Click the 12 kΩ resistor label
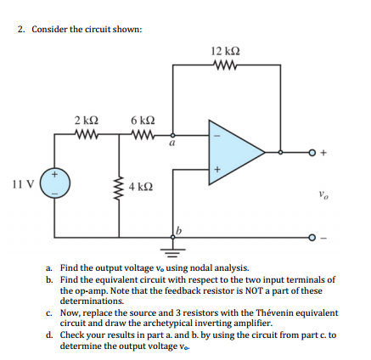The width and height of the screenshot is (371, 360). pyautogui.click(x=226, y=51)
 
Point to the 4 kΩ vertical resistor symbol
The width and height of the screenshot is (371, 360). pyautogui.click(x=119, y=186)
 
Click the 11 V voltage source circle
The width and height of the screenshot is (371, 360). pyautogui.click(x=54, y=183)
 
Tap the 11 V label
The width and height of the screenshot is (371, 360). pyautogui.click(x=23, y=184)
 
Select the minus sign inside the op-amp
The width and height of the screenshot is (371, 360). pyautogui.click(x=217, y=136)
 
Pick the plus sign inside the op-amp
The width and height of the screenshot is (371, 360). pyautogui.click(x=217, y=170)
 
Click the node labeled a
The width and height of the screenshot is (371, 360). pyautogui.click(x=173, y=135)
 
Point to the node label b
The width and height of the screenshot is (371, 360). pyautogui.click(x=178, y=230)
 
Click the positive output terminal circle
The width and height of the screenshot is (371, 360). pyautogui.click(x=312, y=153)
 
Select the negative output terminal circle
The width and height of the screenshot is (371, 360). pyautogui.click(x=312, y=237)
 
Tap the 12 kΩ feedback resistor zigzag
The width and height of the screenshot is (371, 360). pyautogui.click(x=226, y=65)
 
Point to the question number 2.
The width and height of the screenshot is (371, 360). pyautogui.click(x=20, y=30)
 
